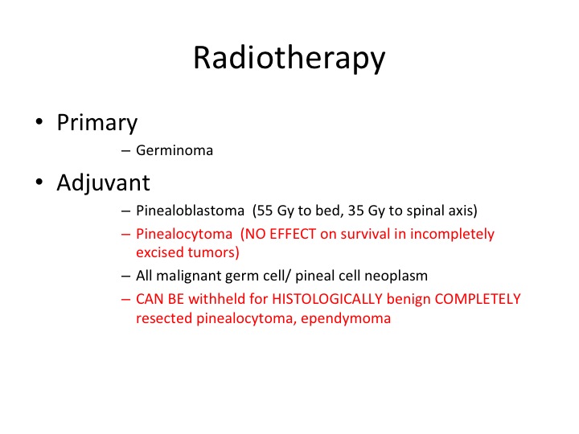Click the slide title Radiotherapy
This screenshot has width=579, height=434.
click(x=289, y=59)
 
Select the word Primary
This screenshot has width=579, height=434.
click(x=97, y=123)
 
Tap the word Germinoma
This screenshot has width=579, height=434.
click(x=175, y=150)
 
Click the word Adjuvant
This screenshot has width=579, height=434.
click(x=104, y=183)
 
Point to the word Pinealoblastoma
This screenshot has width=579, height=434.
click(x=190, y=211)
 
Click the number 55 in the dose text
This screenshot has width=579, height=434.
click(x=265, y=211)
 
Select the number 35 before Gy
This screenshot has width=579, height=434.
click(x=356, y=211)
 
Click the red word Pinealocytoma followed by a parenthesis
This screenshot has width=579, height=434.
click(x=184, y=235)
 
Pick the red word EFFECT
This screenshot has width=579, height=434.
click(x=293, y=234)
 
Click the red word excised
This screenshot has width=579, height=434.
click(x=160, y=252)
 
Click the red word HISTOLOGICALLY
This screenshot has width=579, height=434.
click(x=327, y=299)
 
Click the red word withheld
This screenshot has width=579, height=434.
click(x=217, y=299)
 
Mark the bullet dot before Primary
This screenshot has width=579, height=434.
click(x=39, y=121)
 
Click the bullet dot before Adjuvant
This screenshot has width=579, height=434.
click(x=39, y=182)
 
